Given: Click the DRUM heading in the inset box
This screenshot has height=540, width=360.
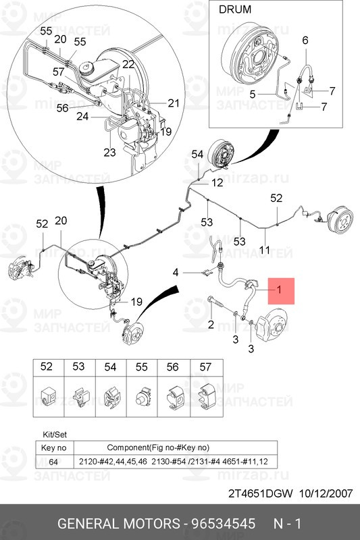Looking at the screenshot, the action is coord(235,9).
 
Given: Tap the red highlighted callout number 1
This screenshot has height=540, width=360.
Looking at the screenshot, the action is coord(280,290).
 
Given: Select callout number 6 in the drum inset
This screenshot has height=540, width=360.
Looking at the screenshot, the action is coord(305,40).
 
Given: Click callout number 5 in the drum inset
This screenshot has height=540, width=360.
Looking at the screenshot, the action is coord(253,94).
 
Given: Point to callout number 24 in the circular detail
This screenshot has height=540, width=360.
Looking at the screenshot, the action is coord(82,116).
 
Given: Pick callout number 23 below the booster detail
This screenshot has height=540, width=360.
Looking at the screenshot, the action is coord(110,152).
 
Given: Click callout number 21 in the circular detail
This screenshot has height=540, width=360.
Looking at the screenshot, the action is coord(174,103).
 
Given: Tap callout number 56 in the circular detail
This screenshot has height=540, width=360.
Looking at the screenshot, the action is coord(62,108).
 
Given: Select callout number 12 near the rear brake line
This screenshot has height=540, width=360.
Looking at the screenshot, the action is coord(217,182).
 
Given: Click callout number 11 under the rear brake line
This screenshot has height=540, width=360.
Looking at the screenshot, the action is coord(265,250).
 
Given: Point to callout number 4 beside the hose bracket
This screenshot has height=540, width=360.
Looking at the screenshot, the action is coord(176,273).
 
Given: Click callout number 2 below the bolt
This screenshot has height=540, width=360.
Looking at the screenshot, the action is coord(211,324).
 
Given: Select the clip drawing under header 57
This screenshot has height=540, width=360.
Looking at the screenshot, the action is coord(206,396).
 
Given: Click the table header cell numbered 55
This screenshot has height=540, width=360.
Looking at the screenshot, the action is coord(142,367).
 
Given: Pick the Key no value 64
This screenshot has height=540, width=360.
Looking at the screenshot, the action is coord(53,462).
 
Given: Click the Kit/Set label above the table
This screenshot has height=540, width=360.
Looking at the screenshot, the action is coord(55,435).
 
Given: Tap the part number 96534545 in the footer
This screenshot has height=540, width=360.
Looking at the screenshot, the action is coord(224,524).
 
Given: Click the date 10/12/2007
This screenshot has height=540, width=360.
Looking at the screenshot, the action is coord(326,493).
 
